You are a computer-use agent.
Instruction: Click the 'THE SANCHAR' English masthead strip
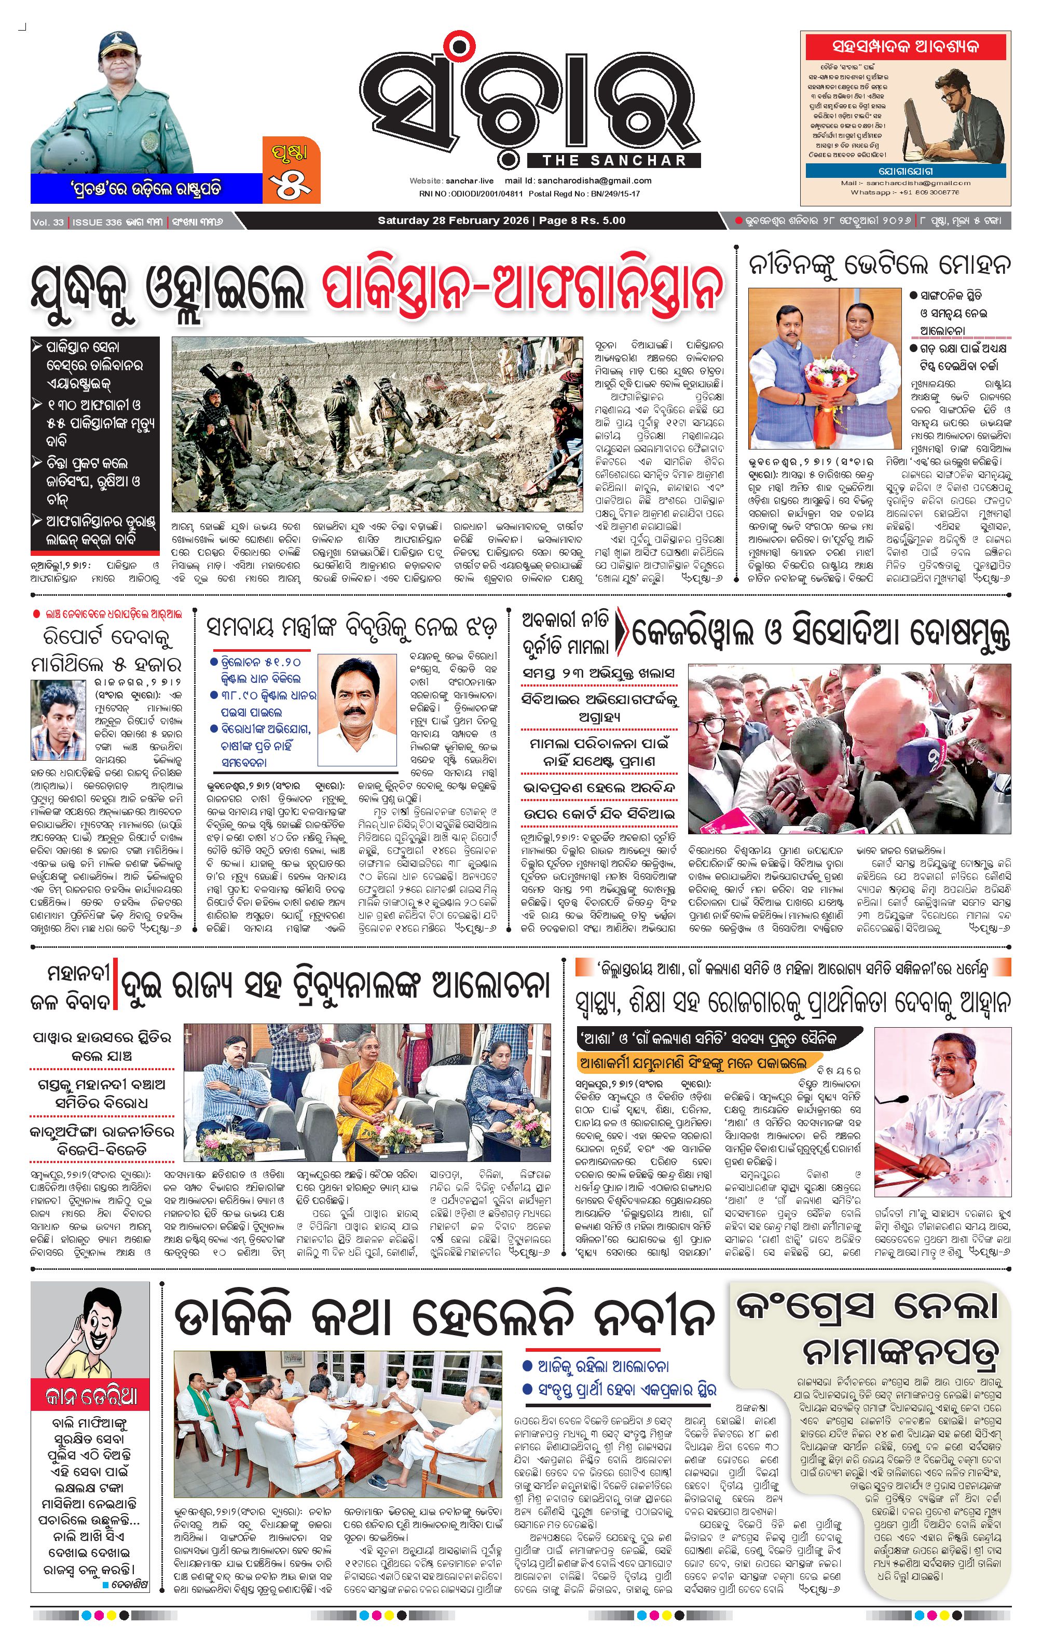click(614, 161)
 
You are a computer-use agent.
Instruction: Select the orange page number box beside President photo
click(291, 170)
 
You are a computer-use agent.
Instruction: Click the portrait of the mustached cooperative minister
click(357, 709)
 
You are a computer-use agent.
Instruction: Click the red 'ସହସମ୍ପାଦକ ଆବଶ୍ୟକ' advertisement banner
click(904, 47)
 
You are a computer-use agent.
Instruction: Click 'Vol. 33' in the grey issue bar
click(48, 222)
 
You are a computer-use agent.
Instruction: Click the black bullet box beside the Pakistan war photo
click(95, 443)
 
